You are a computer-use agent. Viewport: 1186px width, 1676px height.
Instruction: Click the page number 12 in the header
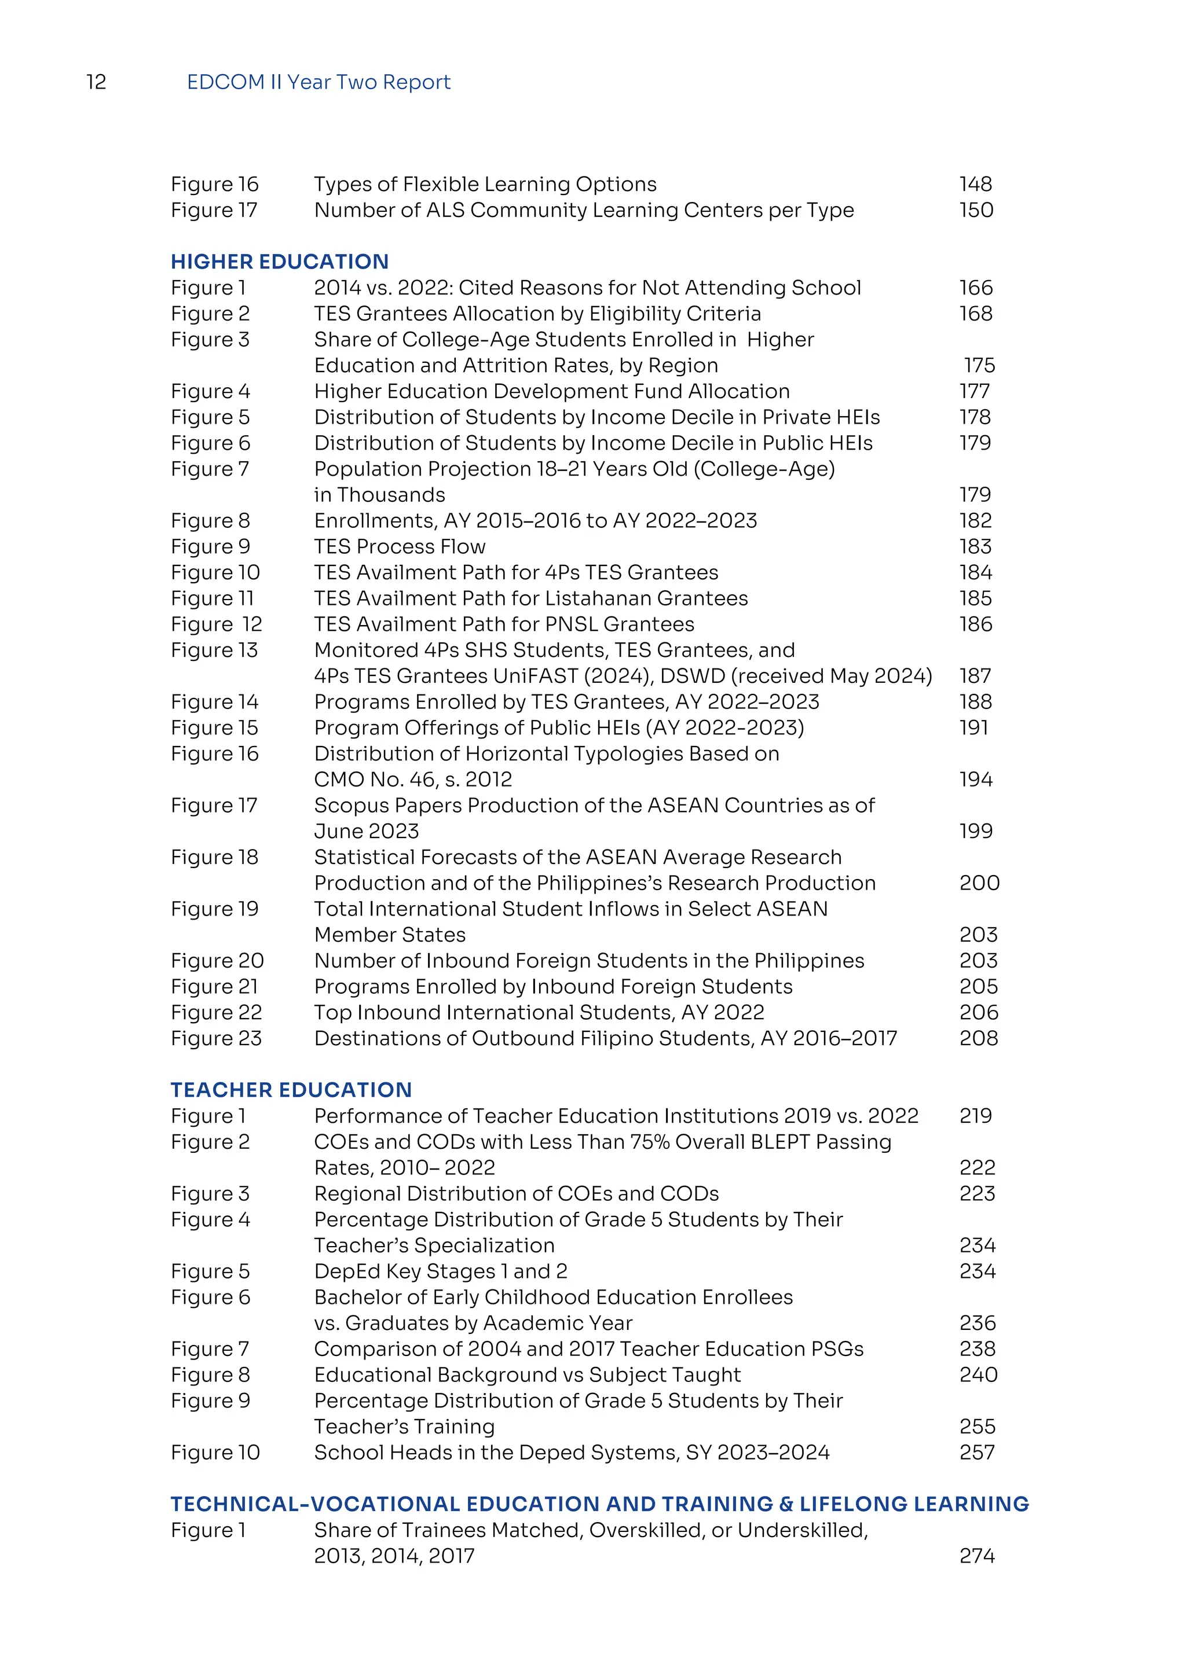click(x=96, y=82)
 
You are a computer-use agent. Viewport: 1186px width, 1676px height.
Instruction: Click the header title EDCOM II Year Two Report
click(x=319, y=82)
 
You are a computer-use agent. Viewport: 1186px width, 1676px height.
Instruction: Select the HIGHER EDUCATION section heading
click(x=280, y=262)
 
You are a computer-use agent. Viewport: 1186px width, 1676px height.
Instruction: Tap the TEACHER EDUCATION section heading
click(x=291, y=1090)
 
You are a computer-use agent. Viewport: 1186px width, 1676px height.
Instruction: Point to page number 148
click(x=976, y=184)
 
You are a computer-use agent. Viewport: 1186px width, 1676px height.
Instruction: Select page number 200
click(x=979, y=883)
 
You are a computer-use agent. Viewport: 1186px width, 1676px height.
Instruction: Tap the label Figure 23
click(x=216, y=1038)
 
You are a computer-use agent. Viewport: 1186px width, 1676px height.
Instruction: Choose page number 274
click(x=977, y=1556)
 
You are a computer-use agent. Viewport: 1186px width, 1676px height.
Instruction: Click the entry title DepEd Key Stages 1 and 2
click(x=440, y=1271)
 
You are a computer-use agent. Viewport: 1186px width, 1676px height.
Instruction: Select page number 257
click(x=977, y=1452)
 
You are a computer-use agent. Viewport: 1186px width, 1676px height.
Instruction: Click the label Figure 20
click(x=217, y=961)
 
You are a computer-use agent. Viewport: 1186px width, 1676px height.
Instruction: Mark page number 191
click(x=974, y=728)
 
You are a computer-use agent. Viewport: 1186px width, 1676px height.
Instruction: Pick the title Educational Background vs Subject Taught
click(x=528, y=1374)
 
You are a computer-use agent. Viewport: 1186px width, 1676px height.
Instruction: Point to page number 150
click(x=976, y=210)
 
